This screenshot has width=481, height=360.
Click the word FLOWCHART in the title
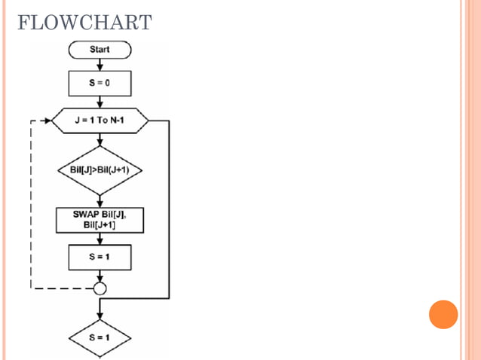click(x=84, y=22)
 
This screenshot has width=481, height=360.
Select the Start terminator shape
click(x=100, y=50)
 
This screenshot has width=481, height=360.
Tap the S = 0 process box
click(x=100, y=83)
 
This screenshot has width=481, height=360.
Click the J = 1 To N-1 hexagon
click(x=100, y=121)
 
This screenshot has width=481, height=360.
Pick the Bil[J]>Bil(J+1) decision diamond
click(x=100, y=169)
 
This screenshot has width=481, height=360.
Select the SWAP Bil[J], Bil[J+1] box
click(x=100, y=219)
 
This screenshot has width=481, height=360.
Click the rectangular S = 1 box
click(x=100, y=257)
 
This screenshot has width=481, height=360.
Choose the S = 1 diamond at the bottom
click(x=100, y=337)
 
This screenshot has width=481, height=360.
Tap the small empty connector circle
click(x=100, y=288)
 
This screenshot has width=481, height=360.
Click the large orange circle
click(x=443, y=314)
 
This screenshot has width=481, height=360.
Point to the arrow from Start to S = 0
click(x=100, y=65)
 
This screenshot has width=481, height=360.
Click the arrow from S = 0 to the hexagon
click(x=100, y=102)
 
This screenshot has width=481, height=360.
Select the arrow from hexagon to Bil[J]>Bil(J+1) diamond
click(x=100, y=142)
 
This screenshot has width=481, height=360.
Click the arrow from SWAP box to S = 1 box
click(x=100, y=238)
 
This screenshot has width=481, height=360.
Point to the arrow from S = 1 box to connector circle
click(x=100, y=276)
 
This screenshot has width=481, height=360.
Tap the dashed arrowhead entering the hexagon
click(x=45, y=121)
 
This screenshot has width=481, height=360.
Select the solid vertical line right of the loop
click(x=169, y=211)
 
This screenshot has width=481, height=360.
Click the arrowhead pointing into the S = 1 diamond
click(x=100, y=316)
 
